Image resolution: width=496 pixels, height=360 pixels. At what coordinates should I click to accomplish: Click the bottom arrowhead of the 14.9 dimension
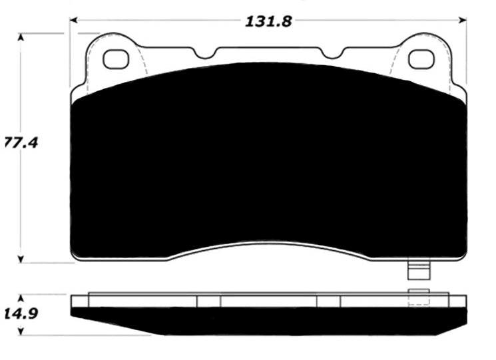click(x=21, y=330)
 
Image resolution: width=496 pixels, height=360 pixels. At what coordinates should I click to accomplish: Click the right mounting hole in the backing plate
click(x=421, y=59)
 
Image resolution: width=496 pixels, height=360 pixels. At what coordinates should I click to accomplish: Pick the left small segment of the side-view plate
click(x=208, y=301)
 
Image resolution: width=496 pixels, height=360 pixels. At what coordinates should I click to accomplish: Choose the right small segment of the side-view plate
click(x=328, y=301)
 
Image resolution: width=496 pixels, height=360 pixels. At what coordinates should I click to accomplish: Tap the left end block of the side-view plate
click(x=79, y=301)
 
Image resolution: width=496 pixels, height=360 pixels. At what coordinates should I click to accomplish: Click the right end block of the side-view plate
click(x=457, y=301)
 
